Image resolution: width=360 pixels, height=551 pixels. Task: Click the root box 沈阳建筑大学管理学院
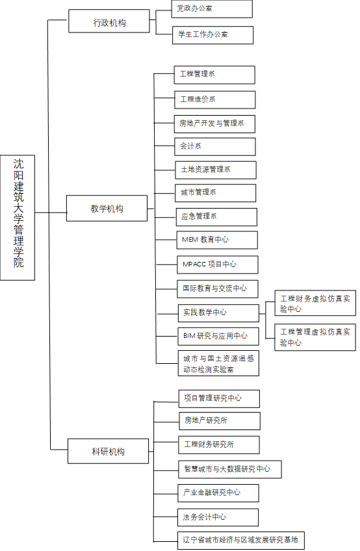(18, 218)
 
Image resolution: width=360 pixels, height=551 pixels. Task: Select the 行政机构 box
(109, 21)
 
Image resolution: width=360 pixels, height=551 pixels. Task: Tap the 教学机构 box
(107, 209)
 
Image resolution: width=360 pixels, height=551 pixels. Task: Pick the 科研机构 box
(109, 451)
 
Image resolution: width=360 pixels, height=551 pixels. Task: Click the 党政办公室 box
(212, 9)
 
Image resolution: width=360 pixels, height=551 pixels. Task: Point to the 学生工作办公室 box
(212, 35)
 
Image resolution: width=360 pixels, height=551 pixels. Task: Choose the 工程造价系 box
(215, 100)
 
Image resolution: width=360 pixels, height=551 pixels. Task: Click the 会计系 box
(215, 147)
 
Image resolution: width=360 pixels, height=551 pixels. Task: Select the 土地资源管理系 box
(216, 170)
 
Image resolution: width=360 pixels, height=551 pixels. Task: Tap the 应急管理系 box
(216, 217)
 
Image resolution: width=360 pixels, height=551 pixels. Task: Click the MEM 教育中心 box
(217, 240)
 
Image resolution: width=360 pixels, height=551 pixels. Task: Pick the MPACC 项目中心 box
(218, 264)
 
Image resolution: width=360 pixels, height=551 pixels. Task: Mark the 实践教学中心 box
(219, 313)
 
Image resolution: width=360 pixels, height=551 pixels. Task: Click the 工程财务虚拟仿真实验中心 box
(315, 303)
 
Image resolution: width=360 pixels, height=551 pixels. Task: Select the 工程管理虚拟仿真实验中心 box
(315, 337)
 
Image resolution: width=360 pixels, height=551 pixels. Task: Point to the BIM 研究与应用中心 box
(218, 337)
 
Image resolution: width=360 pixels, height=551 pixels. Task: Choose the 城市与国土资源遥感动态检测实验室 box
(219, 363)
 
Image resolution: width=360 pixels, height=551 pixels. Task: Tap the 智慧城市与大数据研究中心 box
(230, 469)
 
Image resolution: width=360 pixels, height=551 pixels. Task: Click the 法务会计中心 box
(218, 517)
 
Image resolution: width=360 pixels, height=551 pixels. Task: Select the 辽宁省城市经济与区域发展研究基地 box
(241, 541)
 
